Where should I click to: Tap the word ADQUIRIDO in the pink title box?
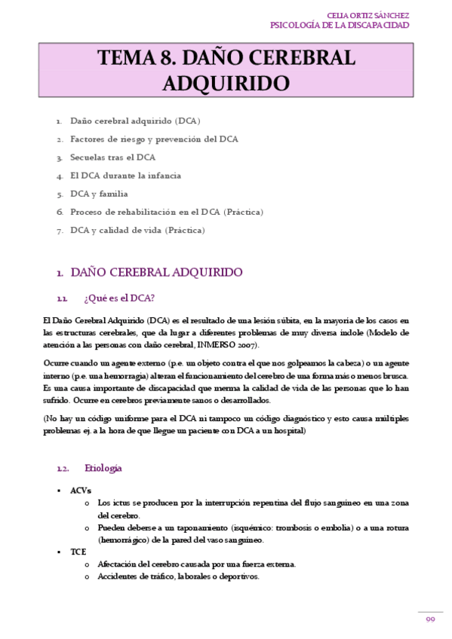[x=227, y=83]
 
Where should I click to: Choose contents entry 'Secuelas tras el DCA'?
[x=112, y=157]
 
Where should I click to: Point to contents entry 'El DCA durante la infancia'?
[x=125, y=176]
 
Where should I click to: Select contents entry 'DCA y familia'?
[x=99, y=194]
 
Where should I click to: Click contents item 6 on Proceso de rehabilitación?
[x=167, y=212]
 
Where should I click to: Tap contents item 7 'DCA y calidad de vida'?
[x=137, y=230]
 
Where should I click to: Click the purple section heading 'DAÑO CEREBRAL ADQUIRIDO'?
[x=156, y=272]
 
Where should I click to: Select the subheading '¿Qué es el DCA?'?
[x=119, y=298]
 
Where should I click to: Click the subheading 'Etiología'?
[x=103, y=468]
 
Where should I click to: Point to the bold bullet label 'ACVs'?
[x=81, y=490]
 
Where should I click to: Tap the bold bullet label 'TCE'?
[x=78, y=552]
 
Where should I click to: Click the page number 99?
[x=430, y=619]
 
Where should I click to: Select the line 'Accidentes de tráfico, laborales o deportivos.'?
[x=179, y=576]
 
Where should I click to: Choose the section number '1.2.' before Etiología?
[x=63, y=469]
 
